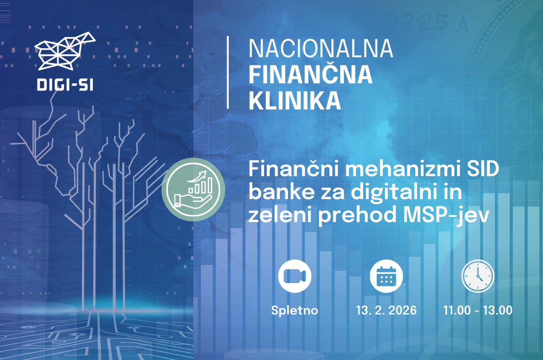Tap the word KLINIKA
[x=295, y=101]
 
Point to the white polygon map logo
[x=65, y=50]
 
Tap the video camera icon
[x=295, y=276]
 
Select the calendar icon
[x=386, y=276]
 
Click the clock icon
[x=478, y=276]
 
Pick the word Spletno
[x=295, y=310]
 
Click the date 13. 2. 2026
[x=386, y=310]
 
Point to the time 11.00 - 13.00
[x=478, y=310]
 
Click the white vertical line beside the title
[x=228, y=72]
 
